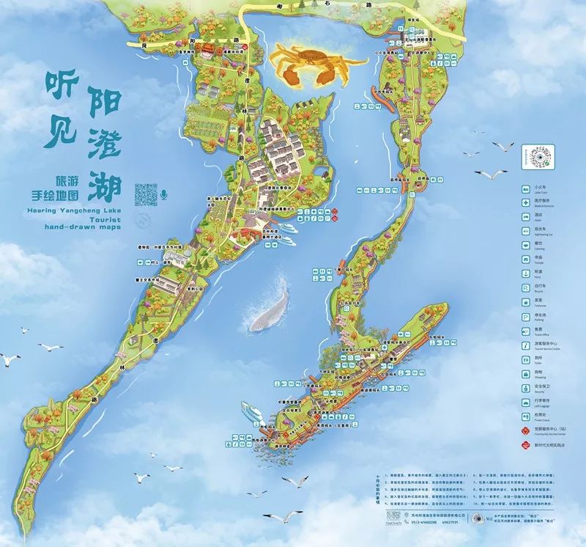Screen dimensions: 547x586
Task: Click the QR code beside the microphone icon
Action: tap(146, 194)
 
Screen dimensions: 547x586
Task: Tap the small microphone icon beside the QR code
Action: tap(165, 194)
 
